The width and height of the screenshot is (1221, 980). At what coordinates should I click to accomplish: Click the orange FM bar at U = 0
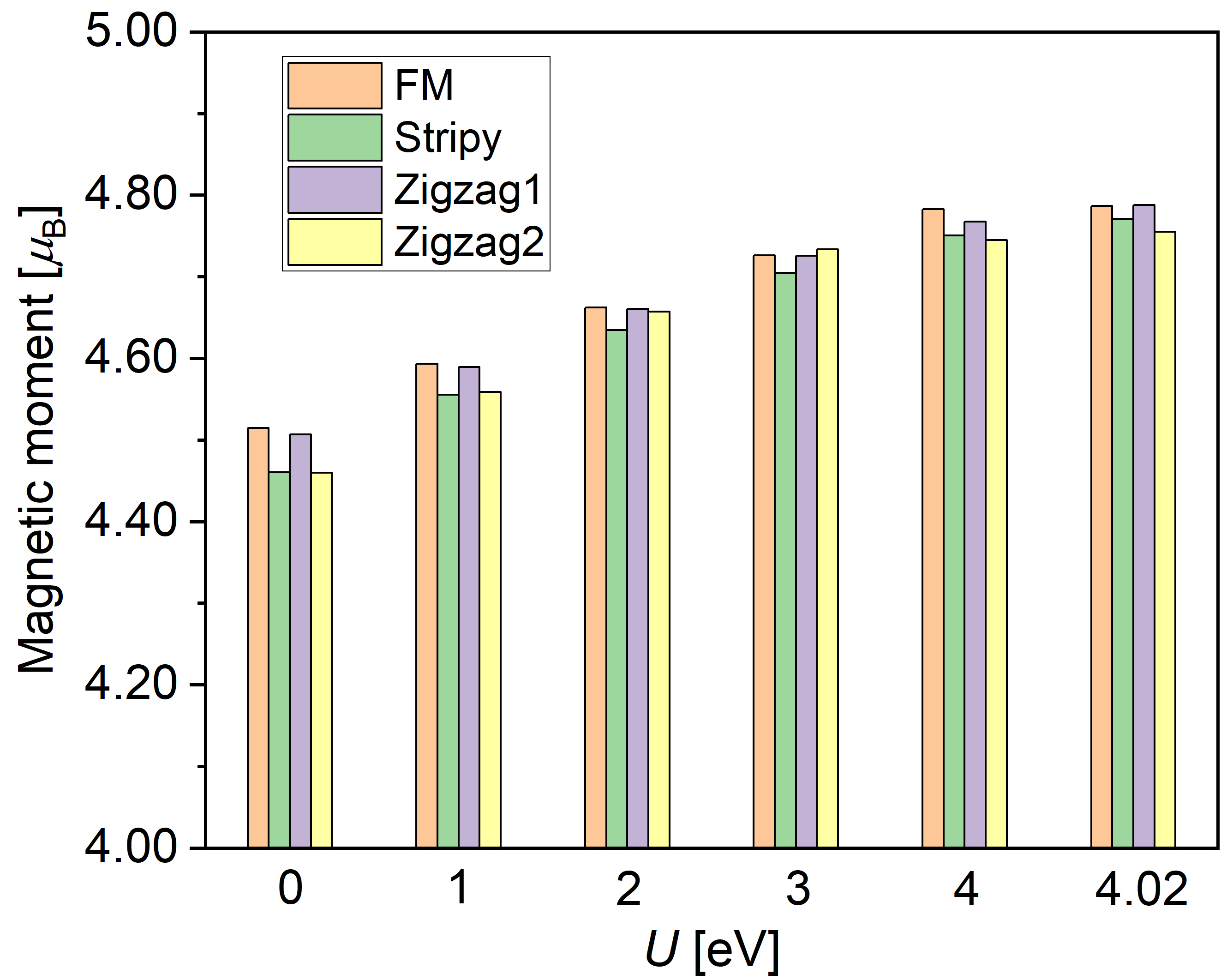coord(258,637)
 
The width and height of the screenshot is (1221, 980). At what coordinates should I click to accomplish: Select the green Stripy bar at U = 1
coord(448,620)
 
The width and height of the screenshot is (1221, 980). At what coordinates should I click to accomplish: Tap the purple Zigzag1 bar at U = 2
coord(638,578)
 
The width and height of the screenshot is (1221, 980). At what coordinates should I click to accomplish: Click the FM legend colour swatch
coord(335,85)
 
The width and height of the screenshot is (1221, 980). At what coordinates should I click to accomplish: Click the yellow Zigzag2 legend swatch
coord(335,242)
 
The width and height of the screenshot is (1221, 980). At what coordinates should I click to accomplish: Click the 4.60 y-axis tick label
coord(130,358)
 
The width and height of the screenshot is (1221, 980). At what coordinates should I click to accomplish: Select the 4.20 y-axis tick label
coord(130,684)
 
